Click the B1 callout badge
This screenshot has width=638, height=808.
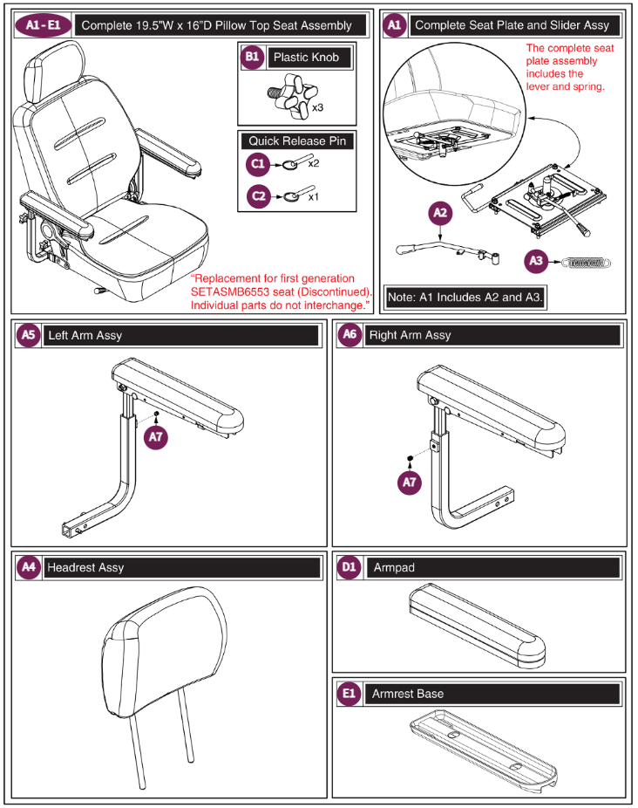[x=252, y=58]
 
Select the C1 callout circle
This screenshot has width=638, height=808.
[x=257, y=163]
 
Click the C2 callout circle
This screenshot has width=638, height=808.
[x=257, y=197]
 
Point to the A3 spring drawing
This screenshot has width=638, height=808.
[x=584, y=260]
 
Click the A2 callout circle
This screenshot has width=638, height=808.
[x=441, y=213]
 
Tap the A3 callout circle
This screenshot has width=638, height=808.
[x=537, y=260]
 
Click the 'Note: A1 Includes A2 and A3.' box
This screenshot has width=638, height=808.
[x=465, y=298]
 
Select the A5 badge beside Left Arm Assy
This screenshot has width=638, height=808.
[x=30, y=335]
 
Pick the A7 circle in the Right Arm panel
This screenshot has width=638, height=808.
[x=411, y=483]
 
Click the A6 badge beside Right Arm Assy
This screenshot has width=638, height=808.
[x=350, y=335]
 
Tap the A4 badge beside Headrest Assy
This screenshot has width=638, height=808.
[x=30, y=567]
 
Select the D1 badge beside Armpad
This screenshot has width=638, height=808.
[x=350, y=567]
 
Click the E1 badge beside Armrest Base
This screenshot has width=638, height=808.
[x=350, y=694]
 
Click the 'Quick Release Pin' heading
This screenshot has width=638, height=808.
[x=296, y=140]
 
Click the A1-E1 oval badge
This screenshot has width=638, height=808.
[x=43, y=25]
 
